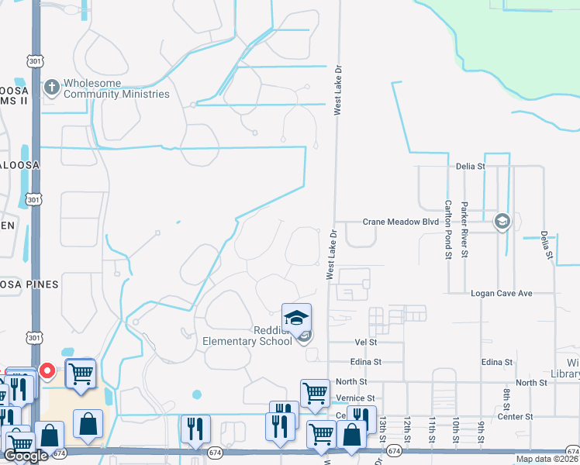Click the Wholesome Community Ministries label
point(116,88)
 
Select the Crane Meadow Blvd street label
point(401,222)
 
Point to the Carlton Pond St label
point(448,229)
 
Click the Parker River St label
point(464,229)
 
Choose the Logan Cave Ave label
point(502,294)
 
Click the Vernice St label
point(357,398)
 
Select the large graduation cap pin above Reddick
point(296,318)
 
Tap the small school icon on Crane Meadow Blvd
point(502,222)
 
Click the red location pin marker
point(47,371)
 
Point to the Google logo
point(26,456)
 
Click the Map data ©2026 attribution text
point(547,459)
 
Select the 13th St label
point(382,425)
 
